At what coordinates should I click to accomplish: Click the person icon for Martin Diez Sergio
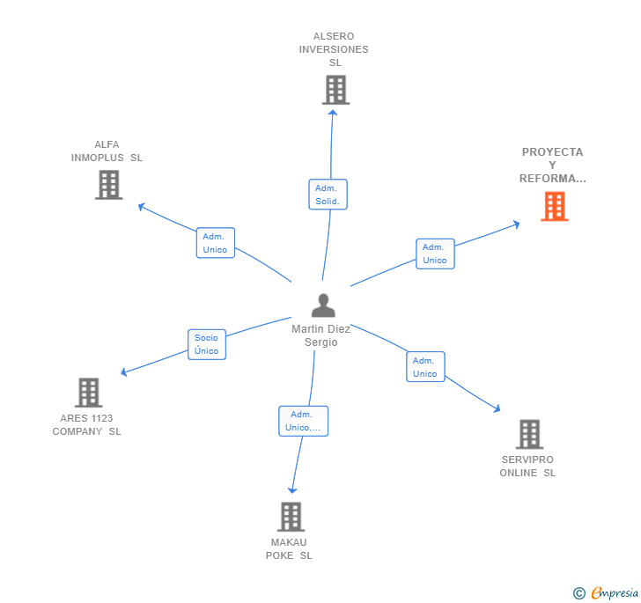(323, 305)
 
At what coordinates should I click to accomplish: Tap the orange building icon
(554, 206)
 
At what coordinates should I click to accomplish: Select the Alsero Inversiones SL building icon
(335, 90)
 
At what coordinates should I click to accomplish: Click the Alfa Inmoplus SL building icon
(108, 185)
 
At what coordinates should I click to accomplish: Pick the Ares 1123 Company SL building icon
(88, 393)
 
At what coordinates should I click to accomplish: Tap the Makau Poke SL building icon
(291, 517)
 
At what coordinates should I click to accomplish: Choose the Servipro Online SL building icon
(528, 434)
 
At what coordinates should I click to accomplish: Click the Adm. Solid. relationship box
(328, 195)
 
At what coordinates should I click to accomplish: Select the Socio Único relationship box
(207, 344)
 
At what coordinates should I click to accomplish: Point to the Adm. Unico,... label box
(303, 421)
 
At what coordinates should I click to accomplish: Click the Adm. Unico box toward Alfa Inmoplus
(215, 243)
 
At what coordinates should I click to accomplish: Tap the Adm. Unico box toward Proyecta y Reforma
(435, 254)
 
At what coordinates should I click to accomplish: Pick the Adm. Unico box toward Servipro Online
(425, 367)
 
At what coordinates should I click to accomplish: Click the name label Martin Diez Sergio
(321, 335)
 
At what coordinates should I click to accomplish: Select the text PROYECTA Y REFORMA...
(552, 165)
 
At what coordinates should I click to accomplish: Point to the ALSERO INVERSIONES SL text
(334, 49)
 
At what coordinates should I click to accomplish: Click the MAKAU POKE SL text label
(289, 548)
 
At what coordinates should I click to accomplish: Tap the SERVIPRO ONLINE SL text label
(527, 466)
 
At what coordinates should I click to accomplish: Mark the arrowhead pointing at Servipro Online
(497, 408)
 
